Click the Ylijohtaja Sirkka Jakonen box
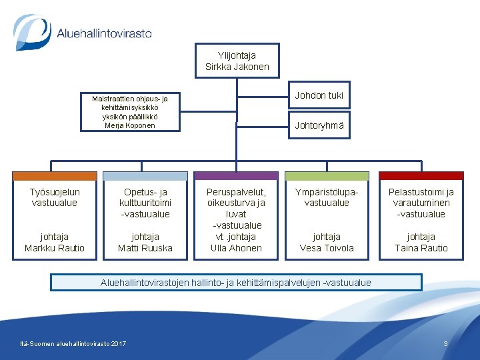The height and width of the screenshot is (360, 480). click(x=237, y=61)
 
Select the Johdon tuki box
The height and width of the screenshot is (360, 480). click(x=319, y=95)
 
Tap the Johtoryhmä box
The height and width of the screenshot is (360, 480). click(x=319, y=125)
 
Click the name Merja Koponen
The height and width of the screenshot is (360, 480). click(x=129, y=125)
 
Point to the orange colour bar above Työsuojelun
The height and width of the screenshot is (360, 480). click(x=55, y=176)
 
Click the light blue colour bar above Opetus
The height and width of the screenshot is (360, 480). click(x=145, y=176)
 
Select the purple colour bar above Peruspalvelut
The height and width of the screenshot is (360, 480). click(x=236, y=176)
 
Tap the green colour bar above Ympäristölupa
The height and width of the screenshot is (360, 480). click(x=327, y=176)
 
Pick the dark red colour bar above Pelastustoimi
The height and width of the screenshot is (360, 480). click(x=421, y=176)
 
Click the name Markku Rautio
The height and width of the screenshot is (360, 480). click(x=55, y=248)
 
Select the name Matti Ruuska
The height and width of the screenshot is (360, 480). click(x=145, y=248)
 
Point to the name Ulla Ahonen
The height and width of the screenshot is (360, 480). click(x=236, y=248)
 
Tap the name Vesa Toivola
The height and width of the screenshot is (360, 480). click(x=327, y=248)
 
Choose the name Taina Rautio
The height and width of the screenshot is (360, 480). click(x=421, y=248)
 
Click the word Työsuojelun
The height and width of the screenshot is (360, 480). click(x=55, y=192)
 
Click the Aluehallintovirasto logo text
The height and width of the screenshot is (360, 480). click(x=104, y=33)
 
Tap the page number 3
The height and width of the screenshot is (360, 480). click(x=445, y=343)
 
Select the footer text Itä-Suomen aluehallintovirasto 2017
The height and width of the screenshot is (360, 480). click(x=73, y=343)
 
